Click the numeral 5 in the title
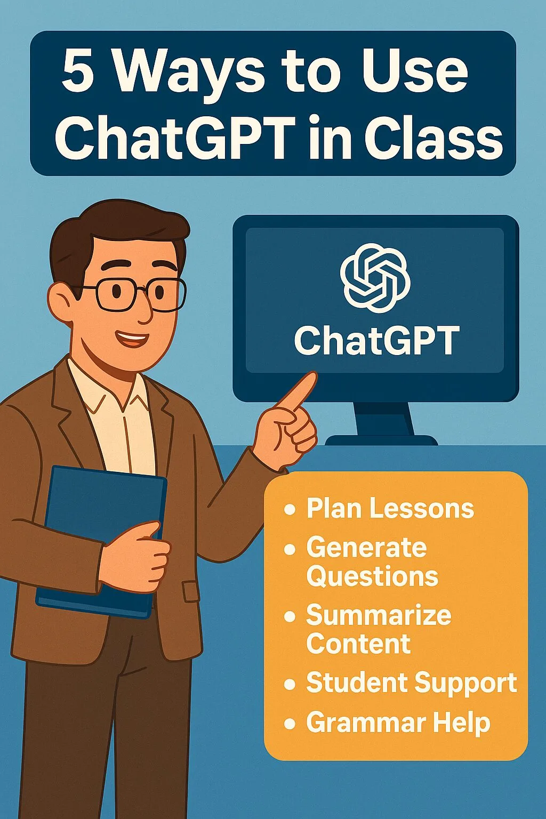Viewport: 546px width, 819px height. click(x=78, y=71)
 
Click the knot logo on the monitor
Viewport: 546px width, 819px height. click(x=375, y=277)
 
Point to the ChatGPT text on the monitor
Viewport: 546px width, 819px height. click(x=376, y=341)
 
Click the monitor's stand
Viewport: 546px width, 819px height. click(x=382, y=424)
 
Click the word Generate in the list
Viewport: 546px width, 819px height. click(x=366, y=548)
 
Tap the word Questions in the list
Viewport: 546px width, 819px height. click(x=372, y=576)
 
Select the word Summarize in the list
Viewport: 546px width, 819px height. click(x=379, y=615)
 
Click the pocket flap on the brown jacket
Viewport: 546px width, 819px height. click(x=191, y=591)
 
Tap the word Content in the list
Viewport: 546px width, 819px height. click(x=358, y=644)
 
